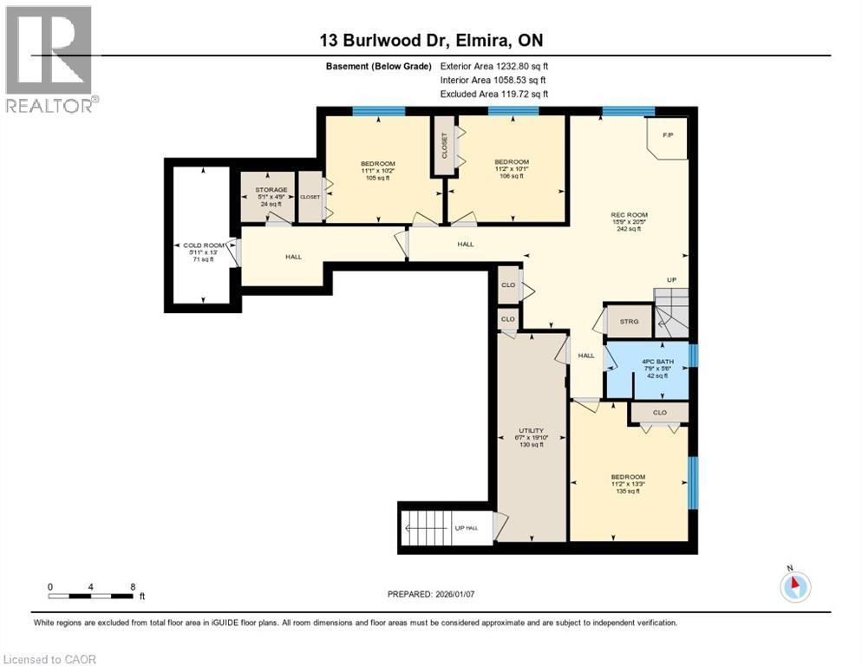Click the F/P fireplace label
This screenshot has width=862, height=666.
point(669,135)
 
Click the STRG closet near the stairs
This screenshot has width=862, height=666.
point(629,322)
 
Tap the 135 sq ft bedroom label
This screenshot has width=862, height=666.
point(628,484)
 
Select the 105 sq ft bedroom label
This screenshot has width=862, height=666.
point(377,171)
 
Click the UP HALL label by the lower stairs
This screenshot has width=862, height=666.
point(466,528)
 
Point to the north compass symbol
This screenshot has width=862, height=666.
point(794,586)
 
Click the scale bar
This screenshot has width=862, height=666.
point(91,597)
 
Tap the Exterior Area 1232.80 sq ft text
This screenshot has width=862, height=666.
point(494,65)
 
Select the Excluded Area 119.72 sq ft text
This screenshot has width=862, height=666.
point(494,94)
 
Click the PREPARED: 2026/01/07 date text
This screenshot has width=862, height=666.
point(437,594)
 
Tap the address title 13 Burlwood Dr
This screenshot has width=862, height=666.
point(430,40)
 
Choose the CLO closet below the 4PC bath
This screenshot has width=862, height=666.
point(659,412)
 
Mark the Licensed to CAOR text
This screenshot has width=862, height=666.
point(51,659)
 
